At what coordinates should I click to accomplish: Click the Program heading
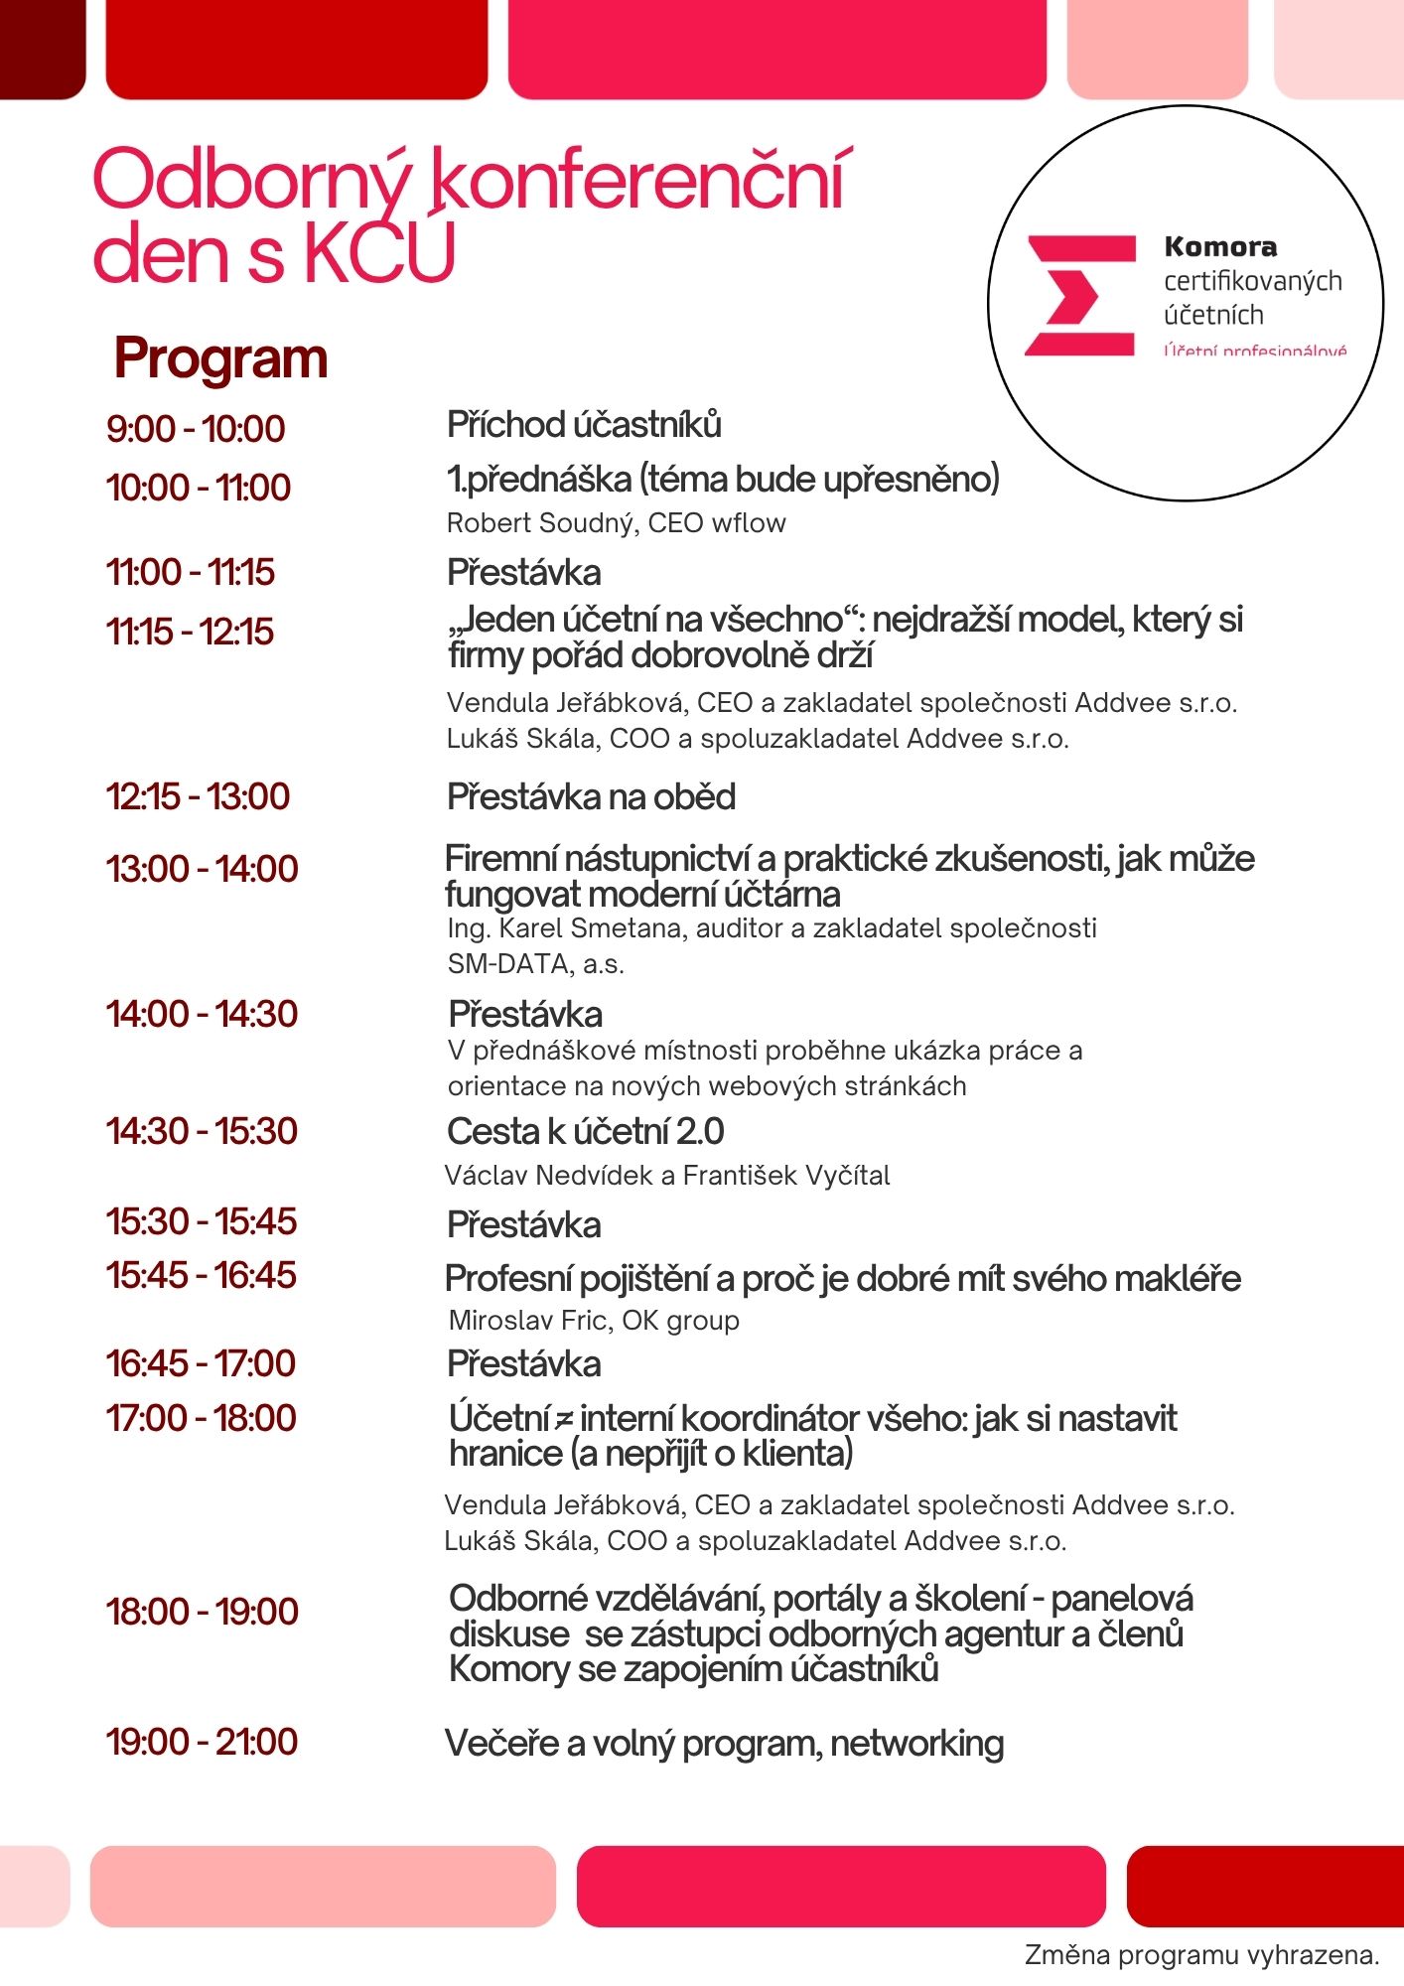click(220, 358)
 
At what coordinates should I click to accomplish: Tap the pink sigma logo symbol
click(1079, 295)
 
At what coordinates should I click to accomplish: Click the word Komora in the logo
click(1220, 246)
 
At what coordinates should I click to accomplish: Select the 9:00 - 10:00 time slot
click(196, 429)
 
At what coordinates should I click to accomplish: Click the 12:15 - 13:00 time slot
click(198, 796)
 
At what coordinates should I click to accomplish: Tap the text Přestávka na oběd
click(591, 797)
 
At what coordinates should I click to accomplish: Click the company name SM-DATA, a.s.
click(535, 964)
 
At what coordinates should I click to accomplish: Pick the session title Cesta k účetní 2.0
click(585, 1131)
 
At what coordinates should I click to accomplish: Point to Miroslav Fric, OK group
click(594, 1321)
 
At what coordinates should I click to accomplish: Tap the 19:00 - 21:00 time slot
click(202, 1742)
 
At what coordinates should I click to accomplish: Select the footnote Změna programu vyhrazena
click(1201, 1955)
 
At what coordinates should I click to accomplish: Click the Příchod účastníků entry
click(584, 425)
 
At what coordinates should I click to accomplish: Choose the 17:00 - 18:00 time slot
click(201, 1418)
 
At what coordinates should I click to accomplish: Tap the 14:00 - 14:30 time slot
click(202, 1014)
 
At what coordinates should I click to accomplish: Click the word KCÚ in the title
click(380, 253)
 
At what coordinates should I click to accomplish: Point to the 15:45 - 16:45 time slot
click(201, 1275)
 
